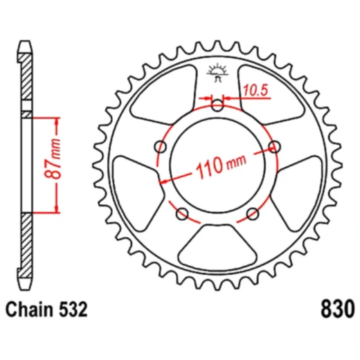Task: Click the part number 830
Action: pyautogui.click(x=337, y=307)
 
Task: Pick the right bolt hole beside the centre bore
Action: pyautogui.click(x=276, y=146)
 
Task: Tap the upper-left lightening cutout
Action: pyautogui.click(x=156, y=97)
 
